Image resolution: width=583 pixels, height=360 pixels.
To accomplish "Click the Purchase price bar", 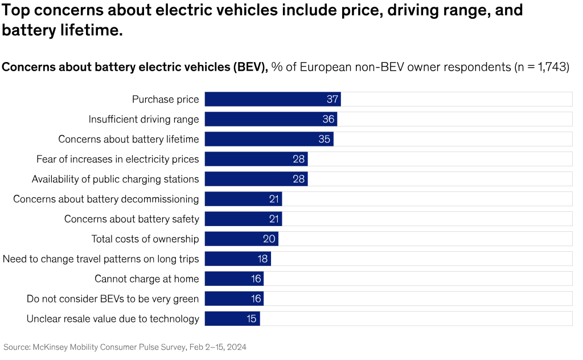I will (x=272, y=99).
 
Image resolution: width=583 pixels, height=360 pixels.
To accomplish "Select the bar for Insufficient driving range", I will (x=270, y=119).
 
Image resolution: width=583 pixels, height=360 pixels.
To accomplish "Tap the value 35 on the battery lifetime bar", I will (x=325, y=139).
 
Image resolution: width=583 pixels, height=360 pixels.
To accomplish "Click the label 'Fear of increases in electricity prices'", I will (x=117, y=159).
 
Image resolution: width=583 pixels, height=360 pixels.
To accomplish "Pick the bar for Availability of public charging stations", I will (x=256, y=179).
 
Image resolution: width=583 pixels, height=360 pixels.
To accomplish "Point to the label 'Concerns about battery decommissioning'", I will (x=106, y=199).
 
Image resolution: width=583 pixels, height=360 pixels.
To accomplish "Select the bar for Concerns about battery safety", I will (x=243, y=219).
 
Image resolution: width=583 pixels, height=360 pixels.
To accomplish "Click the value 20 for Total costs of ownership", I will (x=269, y=239).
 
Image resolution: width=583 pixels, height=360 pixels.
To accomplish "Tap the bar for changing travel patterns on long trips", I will (x=237, y=259).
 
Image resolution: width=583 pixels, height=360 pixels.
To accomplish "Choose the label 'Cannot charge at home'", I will (x=147, y=279).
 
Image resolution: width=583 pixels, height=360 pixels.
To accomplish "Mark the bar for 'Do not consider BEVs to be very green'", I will (x=234, y=298).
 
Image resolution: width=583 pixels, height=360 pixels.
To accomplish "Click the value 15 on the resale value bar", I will (x=252, y=318).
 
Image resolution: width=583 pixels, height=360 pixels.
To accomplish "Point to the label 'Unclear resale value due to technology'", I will (x=113, y=318).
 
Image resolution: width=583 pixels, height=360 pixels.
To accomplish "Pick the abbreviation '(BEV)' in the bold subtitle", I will (x=248, y=67).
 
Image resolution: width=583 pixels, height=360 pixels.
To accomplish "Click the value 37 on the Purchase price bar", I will (x=332, y=99).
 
